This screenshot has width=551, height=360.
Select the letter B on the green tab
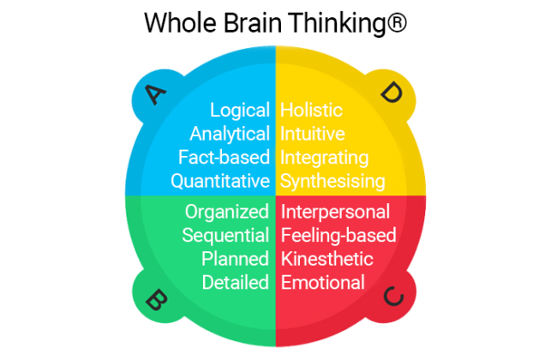point(156,300)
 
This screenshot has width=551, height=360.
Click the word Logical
point(241,111)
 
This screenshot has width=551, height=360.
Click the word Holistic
point(312,111)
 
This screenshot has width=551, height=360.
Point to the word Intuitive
point(314,135)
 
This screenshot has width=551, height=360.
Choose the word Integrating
point(325,158)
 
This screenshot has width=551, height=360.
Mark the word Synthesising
point(333,182)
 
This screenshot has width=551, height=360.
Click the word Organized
point(227,212)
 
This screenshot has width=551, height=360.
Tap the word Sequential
point(225,236)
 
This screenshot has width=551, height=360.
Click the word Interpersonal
point(336,212)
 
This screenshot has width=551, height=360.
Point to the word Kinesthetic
point(327,259)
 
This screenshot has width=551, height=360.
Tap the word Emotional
point(323,282)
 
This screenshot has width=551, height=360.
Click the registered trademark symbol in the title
point(396,23)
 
